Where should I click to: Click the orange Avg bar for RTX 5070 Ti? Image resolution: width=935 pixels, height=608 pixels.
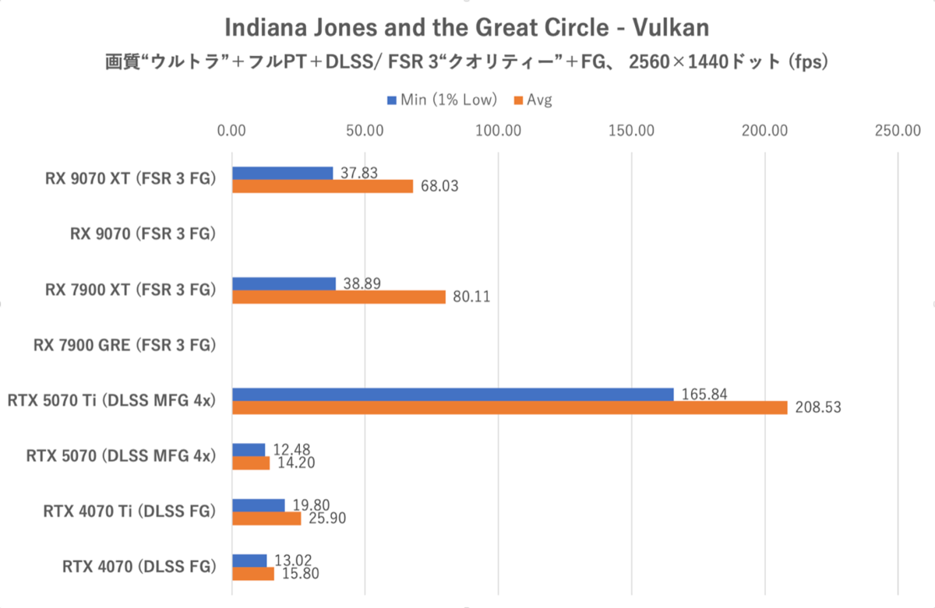pos(510,407)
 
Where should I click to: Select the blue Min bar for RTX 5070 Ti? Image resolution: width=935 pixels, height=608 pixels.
pos(453,395)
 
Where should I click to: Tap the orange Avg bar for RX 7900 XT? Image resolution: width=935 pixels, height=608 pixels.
pos(339,297)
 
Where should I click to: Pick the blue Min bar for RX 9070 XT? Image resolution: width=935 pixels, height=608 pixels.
pos(282,173)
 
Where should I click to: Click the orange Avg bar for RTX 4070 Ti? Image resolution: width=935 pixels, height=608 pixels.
pos(266,518)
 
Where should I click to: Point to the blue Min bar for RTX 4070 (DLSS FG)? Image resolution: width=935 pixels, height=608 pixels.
pos(249,561)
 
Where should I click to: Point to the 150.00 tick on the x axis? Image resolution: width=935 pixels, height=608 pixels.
pos(632,132)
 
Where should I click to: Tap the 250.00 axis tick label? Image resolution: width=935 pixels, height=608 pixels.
pos(898,132)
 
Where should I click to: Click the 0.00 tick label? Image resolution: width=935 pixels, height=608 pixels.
pos(232,132)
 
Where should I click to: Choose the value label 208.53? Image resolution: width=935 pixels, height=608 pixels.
pos(818,407)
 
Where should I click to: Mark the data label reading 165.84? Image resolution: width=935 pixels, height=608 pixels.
pos(704,394)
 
